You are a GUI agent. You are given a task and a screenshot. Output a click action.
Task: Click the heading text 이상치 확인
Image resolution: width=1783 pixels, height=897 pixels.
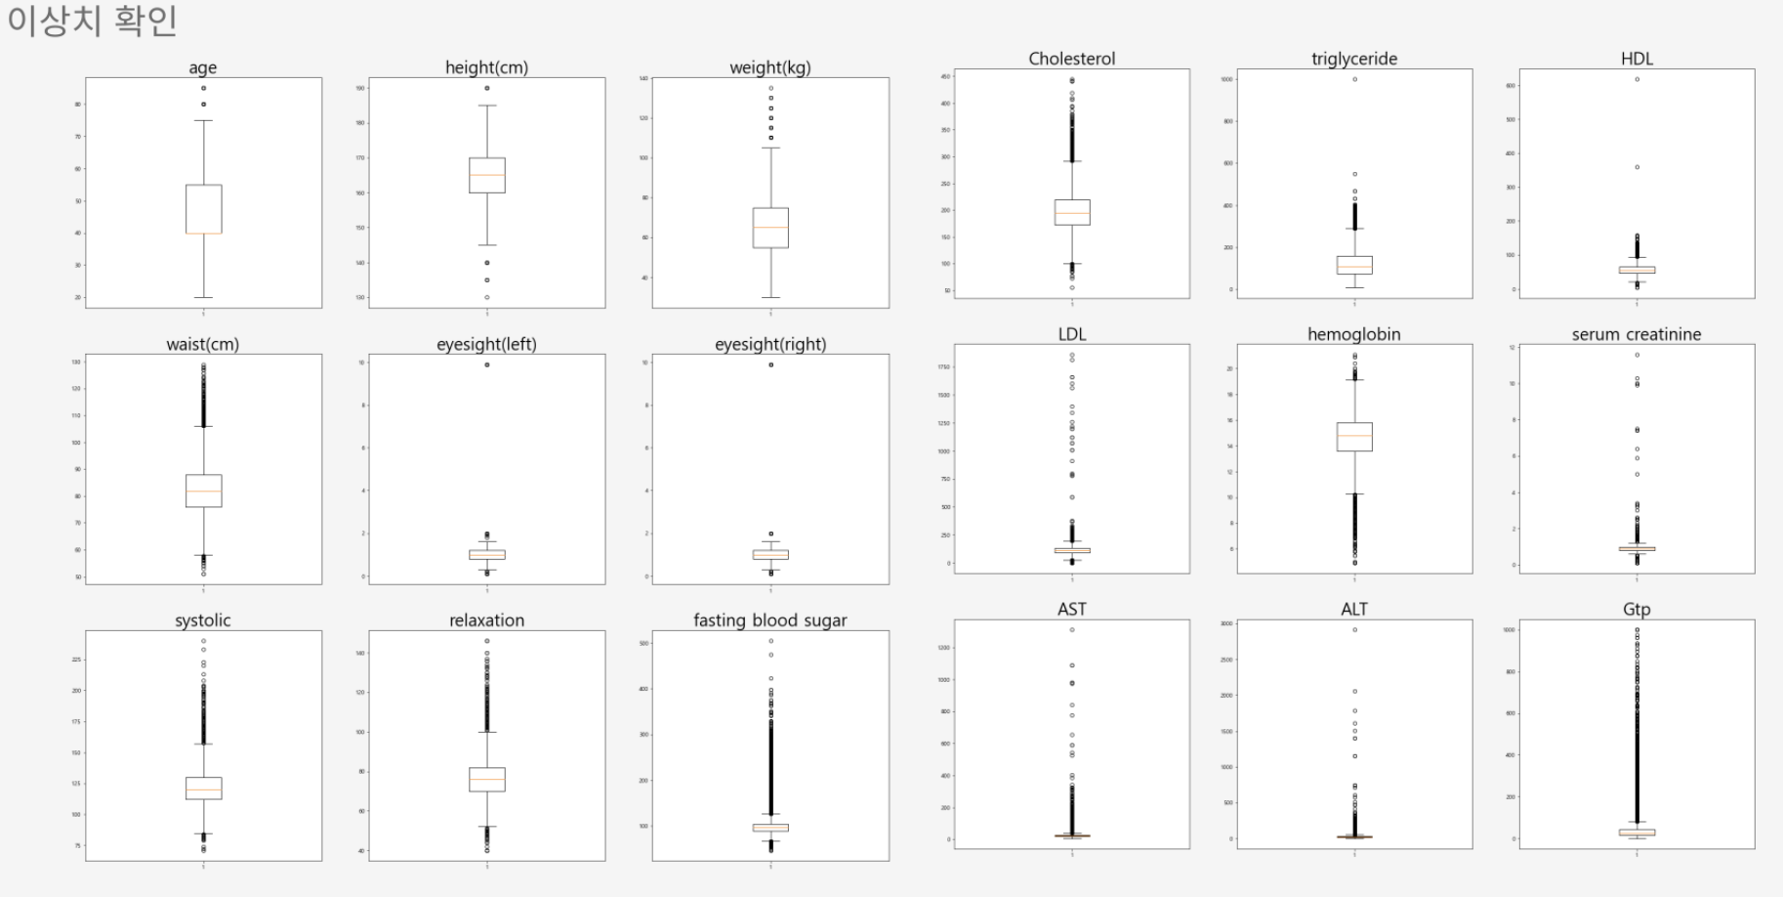[92, 21]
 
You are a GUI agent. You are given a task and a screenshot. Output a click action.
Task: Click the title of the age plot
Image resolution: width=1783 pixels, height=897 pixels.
[203, 67]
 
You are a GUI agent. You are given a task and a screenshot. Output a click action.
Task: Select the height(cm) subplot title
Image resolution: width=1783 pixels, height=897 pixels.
[486, 67]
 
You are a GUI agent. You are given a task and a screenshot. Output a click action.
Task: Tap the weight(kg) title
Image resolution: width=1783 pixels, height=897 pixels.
[770, 67]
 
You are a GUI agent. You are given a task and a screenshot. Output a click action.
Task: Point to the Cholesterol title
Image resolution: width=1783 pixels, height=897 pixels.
[1071, 59]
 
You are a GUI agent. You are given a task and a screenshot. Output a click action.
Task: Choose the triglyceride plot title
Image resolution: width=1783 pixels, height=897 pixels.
[1353, 59]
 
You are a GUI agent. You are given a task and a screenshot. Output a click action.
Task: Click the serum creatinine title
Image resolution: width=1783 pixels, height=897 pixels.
[1636, 334]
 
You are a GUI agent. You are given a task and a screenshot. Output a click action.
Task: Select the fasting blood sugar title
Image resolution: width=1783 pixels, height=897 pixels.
[770, 620]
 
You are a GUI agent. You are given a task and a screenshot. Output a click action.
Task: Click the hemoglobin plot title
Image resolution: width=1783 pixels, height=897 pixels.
[1353, 334]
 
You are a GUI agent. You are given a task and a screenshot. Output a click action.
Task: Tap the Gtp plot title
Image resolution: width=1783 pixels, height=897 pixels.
[1637, 610]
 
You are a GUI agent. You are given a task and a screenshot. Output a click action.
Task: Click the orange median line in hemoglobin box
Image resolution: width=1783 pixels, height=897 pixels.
[1354, 436]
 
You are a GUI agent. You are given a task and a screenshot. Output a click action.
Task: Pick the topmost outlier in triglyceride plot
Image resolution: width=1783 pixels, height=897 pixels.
[1354, 79]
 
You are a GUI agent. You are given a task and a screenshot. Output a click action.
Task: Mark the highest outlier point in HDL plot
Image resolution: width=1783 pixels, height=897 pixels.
[1637, 79]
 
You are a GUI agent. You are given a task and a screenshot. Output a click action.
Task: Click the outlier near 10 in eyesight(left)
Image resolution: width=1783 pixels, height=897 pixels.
[487, 364]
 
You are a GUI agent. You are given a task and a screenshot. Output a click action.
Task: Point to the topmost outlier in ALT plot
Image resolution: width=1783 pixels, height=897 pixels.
[1354, 629]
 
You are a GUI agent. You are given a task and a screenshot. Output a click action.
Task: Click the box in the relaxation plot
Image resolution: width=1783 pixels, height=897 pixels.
[487, 778]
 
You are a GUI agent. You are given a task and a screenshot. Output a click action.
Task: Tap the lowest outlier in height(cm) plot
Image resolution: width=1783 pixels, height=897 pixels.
[487, 297]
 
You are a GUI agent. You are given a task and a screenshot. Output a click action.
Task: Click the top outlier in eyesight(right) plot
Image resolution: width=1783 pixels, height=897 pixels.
[770, 364]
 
